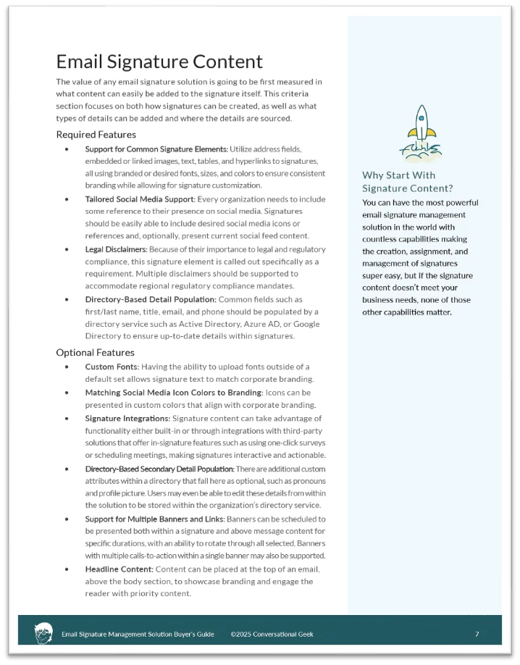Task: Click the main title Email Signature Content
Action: (x=159, y=62)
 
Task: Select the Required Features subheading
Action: (x=96, y=134)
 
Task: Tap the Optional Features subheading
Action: (x=95, y=353)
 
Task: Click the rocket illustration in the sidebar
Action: (x=420, y=133)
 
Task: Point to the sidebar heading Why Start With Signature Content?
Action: (x=408, y=182)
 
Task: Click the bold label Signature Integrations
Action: (x=127, y=418)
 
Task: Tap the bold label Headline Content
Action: (x=118, y=569)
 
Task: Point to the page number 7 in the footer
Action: (x=477, y=634)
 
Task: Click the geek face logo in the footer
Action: (x=43, y=632)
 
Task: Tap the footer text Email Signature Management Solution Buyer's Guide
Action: (x=138, y=634)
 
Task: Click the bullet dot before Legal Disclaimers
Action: (x=67, y=249)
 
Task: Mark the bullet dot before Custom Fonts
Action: (x=67, y=367)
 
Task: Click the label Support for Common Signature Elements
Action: (x=156, y=149)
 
